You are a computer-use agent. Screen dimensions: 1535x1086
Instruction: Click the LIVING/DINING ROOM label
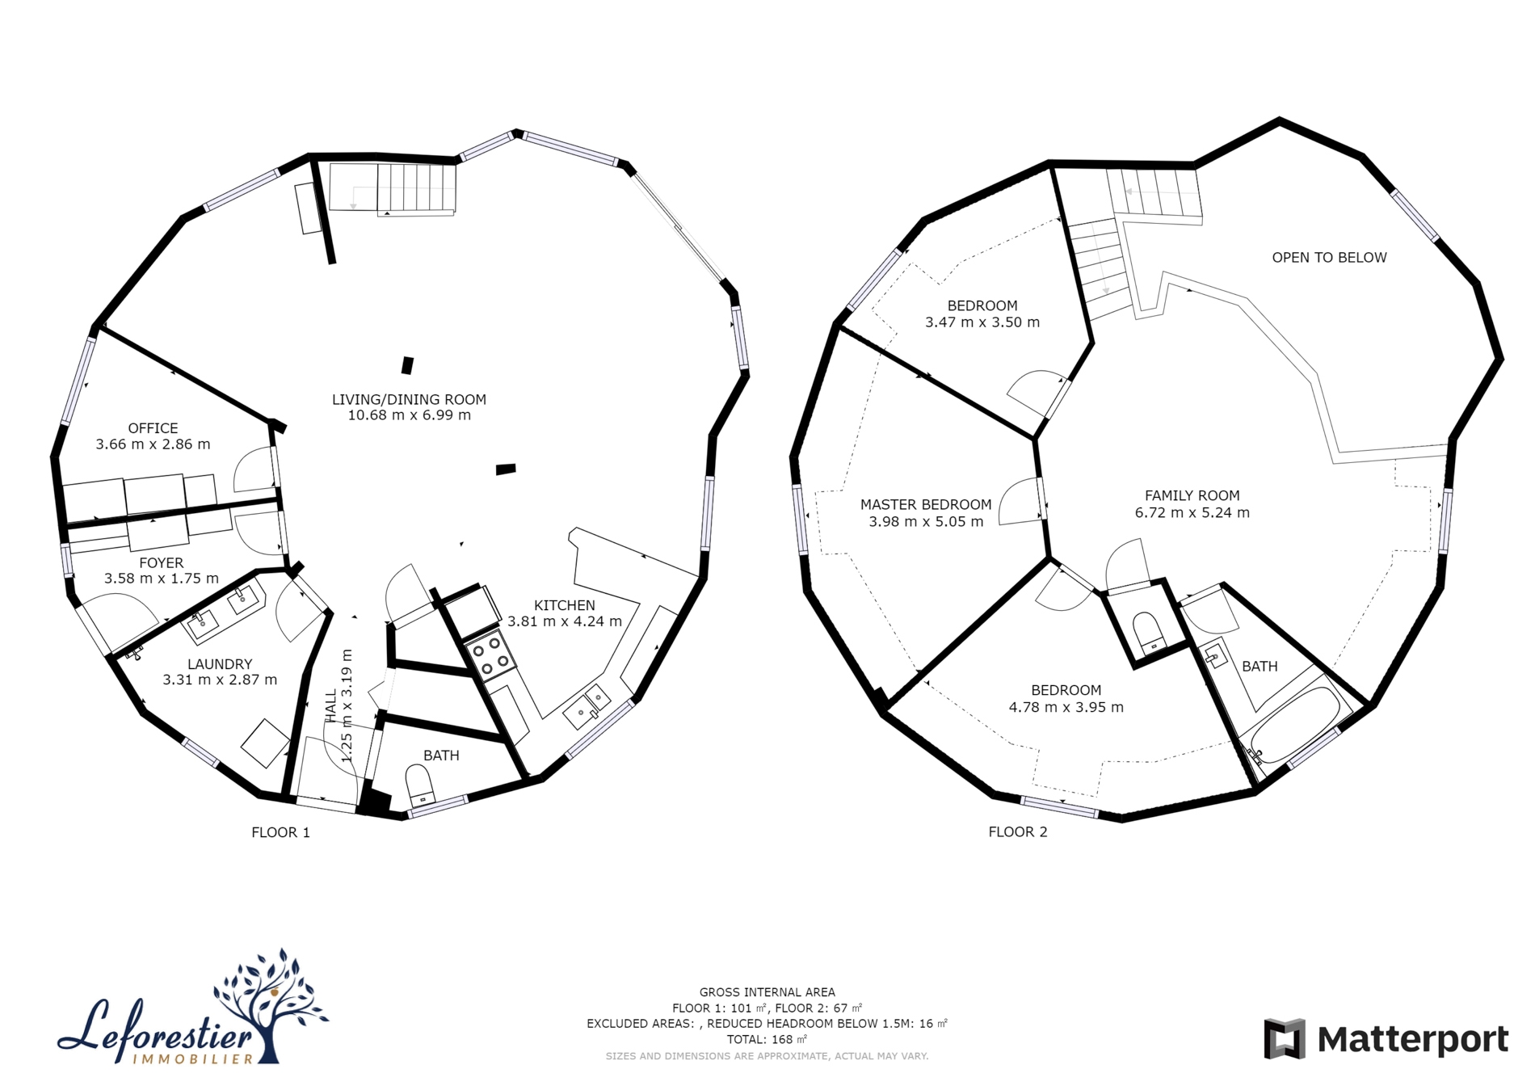coord(409,399)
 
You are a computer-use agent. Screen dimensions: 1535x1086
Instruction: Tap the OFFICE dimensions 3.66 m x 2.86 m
coord(153,444)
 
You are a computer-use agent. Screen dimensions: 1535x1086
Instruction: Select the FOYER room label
coord(162,562)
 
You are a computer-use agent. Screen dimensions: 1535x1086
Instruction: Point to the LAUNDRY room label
coord(220,664)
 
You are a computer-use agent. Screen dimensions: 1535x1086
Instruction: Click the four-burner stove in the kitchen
coord(492,655)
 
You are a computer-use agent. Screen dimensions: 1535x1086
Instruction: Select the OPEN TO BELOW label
coord(1329,258)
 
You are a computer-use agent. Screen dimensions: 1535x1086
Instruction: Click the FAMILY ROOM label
coord(1192,496)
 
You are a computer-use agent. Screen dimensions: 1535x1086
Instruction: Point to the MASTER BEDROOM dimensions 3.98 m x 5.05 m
coord(926,522)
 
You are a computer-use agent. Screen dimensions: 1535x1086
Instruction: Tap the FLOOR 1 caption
coord(280,832)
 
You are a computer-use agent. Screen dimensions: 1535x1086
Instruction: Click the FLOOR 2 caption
coord(1018,832)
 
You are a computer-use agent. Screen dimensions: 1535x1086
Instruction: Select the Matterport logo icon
coord(1285,1039)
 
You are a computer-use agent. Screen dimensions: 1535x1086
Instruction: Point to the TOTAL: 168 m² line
coord(767,1040)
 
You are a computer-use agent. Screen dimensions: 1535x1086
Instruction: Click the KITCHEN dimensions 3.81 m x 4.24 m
coord(565,621)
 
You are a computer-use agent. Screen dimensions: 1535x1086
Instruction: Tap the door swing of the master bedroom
coord(1019,502)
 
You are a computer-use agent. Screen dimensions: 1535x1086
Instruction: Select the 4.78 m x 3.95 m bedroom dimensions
coord(1066,707)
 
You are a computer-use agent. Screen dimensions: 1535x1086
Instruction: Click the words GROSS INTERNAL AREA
coord(767,992)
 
